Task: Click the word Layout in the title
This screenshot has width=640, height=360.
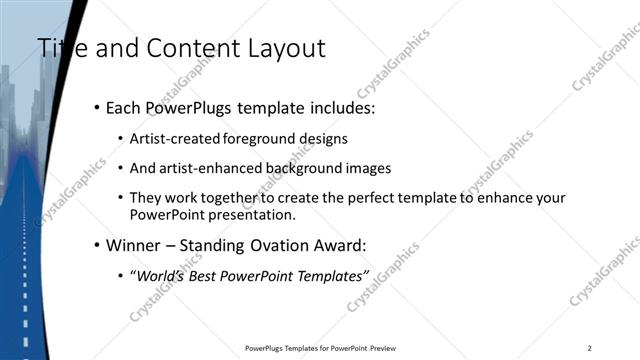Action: tap(285, 47)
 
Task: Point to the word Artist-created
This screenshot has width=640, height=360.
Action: tap(176, 138)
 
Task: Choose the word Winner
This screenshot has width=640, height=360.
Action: tap(134, 244)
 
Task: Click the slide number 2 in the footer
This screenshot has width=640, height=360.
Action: tap(590, 347)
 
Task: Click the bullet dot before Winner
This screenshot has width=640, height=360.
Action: tap(96, 245)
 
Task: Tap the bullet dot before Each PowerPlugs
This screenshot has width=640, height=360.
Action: tap(96, 108)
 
